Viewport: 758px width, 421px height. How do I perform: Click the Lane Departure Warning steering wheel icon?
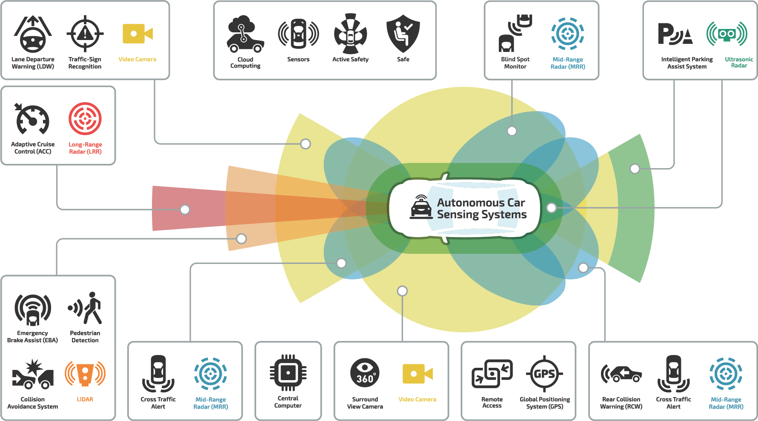click(x=33, y=35)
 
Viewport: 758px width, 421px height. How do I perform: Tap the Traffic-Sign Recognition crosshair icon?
click(x=85, y=34)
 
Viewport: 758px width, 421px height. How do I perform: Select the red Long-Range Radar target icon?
click(x=85, y=118)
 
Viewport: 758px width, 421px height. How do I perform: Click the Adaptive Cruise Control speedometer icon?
click(x=32, y=119)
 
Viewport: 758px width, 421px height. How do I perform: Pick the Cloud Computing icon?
click(x=245, y=34)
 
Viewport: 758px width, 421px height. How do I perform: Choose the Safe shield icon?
click(x=403, y=34)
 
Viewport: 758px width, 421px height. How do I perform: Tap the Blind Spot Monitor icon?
click(x=515, y=33)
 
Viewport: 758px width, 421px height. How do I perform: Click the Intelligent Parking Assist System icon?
click(x=675, y=34)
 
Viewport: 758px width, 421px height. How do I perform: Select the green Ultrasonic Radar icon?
click(x=727, y=34)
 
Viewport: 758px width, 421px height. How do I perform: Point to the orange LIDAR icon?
click(x=85, y=374)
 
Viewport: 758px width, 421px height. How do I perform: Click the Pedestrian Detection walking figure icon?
click(x=86, y=308)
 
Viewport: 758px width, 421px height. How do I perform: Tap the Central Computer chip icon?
click(x=288, y=373)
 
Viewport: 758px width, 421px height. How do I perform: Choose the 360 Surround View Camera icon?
click(x=365, y=373)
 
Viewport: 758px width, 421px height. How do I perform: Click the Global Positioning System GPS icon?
click(x=544, y=374)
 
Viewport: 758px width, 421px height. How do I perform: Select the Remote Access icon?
click(x=492, y=374)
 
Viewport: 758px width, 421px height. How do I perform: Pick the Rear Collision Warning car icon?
click(x=621, y=374)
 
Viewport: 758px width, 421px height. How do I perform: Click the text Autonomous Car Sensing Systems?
click(x=481, y=209)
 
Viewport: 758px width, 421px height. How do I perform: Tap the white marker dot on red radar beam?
click(x=185, y=209)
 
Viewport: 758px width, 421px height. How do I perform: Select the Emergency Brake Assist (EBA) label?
click(x=32, y=336)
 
